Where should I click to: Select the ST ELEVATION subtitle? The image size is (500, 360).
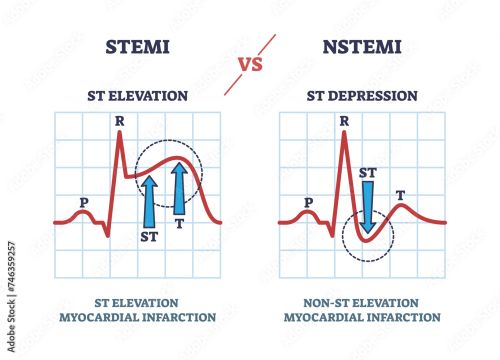click(137, 95)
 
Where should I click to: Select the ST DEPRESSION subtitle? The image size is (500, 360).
click(362, 95)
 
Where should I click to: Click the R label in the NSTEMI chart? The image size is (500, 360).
click(344, 120)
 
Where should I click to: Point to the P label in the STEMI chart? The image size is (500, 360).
click(83, 202)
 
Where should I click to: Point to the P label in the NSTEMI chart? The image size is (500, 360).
click(308, 202)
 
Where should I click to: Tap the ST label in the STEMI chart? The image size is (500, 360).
click(148, 236)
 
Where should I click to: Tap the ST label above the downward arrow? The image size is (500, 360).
click(368, 173)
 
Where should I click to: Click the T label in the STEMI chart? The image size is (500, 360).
click(179, 223)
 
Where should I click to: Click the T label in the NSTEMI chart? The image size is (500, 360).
click(400, 195)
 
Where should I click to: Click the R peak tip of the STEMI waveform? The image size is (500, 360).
click(119, 132)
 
